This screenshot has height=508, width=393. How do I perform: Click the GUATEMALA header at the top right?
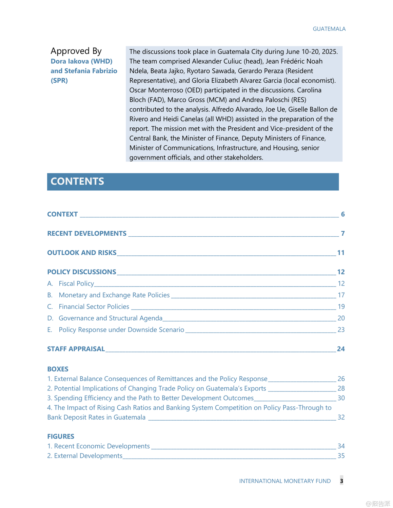[x=329, y=29]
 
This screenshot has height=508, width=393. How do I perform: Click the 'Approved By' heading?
[x=76, y=51]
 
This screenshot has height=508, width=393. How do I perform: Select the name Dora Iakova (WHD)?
[x=81, y=61]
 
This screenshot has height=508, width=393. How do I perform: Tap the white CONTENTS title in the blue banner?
[x=77, y=182]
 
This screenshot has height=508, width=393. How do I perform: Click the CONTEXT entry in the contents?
[x=62, y=214]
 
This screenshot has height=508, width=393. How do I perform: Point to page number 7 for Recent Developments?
[x=343, y=233]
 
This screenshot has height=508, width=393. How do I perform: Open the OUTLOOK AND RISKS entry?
[x=82, y=253]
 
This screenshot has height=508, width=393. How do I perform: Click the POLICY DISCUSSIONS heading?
[x=81, y=272]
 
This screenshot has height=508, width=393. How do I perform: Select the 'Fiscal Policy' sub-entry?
[x=76, y=283]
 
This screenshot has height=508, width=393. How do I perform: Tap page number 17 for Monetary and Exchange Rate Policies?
[x=341, y=295]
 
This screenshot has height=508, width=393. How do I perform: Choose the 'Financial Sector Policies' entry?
[x=94, y=306]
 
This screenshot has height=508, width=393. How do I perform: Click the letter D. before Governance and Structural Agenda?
[x=50, y=318]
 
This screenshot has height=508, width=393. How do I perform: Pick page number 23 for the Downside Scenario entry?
[x=341, y=330]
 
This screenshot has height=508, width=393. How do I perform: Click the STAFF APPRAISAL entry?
[x=76, y=349]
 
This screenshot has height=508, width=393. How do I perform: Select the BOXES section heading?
[x=58, y=369]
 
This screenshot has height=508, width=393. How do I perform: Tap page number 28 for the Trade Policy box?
[x=341, y=388]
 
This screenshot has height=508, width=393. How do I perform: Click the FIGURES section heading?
[x=61, y=437]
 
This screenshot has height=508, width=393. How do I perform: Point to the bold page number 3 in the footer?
[x=341, y=481]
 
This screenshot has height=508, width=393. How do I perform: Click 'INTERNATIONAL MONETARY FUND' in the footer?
[x=285, y=481]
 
